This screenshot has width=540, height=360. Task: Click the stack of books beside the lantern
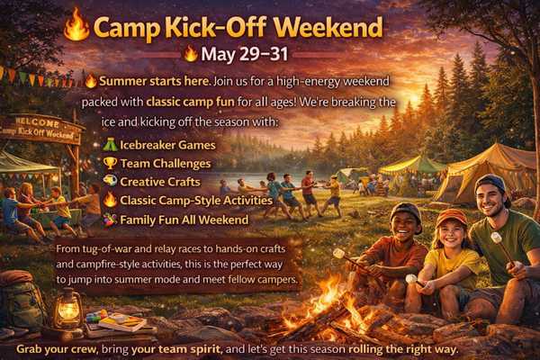tap(121, 322)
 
